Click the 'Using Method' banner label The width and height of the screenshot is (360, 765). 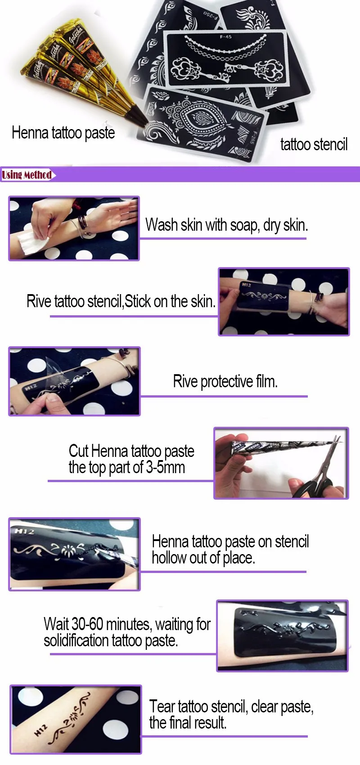click(27, 175)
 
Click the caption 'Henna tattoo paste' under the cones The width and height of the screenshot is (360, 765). click(63, 133)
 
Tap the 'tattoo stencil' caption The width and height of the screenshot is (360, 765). click(314, 144)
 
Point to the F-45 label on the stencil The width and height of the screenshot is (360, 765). click(225, 36)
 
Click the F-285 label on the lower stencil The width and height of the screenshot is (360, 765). click(254, 138)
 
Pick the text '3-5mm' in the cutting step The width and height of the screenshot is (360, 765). click(166, 467)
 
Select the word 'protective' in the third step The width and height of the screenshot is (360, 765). click(227, 381)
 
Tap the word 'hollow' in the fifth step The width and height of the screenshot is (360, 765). click(169, 558)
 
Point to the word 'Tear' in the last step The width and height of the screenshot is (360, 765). click(162, 706)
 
